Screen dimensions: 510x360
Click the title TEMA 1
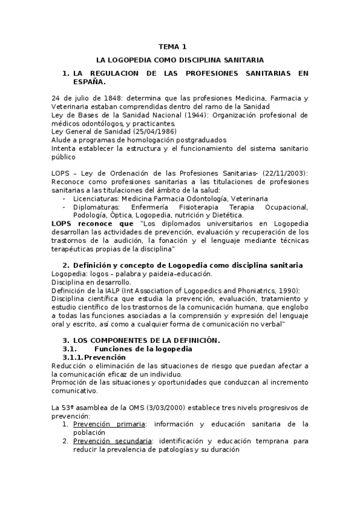[x=172, y=46]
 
